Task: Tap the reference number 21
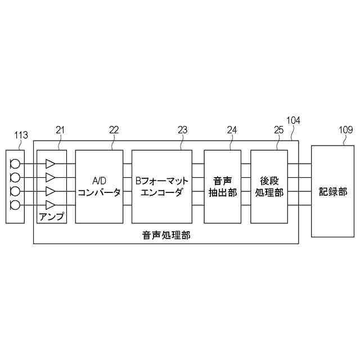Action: pos(61,130)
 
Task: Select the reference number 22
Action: pos(114,130)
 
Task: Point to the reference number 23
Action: pos(182,130)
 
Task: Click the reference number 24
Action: pos(232,130)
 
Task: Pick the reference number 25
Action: pos(278,130)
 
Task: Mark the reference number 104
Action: pos(293,120)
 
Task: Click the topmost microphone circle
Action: pos(15,164)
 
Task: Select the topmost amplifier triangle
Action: pos(51,164)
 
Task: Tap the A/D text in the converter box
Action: pos(99,181)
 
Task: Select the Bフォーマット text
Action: pos(162,181)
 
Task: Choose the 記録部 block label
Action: pos(333,191)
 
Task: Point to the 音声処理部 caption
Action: pos(166,236)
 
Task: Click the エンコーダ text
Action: pos(162,193)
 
